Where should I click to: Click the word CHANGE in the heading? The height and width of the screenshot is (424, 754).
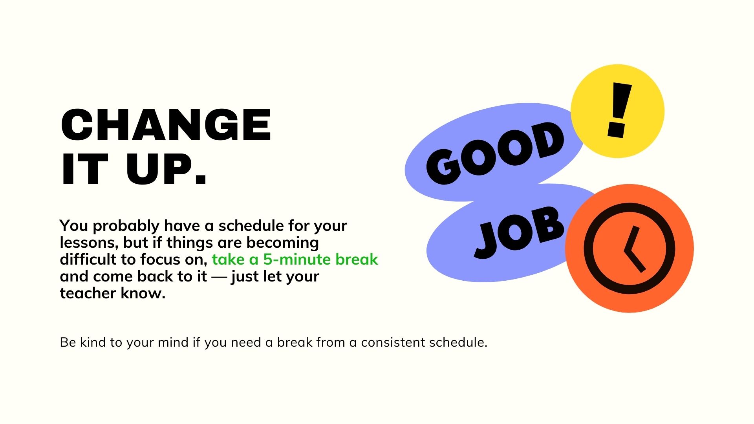(166, 124)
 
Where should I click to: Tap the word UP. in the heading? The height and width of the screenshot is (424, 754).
(167, 170)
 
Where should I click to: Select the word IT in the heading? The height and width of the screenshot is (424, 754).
(84, 170)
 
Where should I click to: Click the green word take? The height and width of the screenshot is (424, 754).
(229, 260)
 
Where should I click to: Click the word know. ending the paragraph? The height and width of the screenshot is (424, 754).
(143, 293)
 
